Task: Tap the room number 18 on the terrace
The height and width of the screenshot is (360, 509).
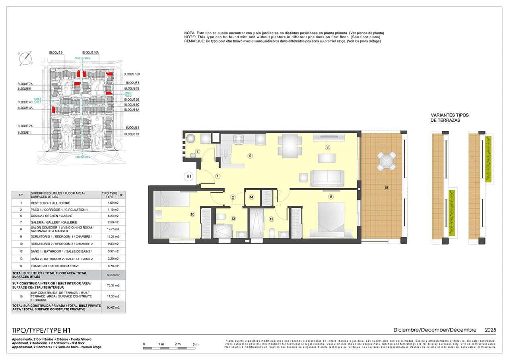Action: point(386,187)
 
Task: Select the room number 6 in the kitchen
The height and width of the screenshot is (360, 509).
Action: point(250,156)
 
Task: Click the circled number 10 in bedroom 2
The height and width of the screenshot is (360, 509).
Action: point(192,214)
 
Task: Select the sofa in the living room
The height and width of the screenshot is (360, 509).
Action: point(327,178)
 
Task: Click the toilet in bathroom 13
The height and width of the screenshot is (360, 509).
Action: point(221,217)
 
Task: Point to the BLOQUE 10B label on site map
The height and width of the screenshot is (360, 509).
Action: point(132,74)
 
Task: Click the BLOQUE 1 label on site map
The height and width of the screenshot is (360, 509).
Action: point(24,132)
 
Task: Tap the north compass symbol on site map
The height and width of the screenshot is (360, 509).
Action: point(25,58)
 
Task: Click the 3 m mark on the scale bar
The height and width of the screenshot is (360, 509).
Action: point(195,344)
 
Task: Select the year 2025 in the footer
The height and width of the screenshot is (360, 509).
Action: point(490,330)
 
